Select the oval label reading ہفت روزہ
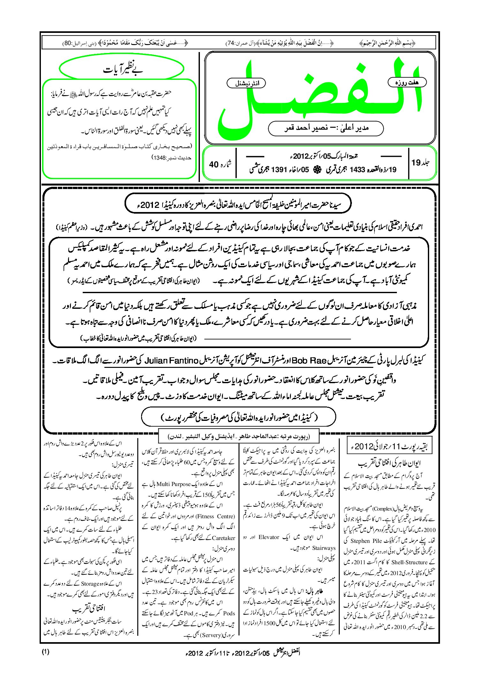pyautogui.click(x=407, y=82)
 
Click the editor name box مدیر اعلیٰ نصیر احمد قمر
pyautogui.click(x=326, y=128)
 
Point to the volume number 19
pyautogui.click(x=416, y=163)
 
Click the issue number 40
pyautogui.click(x=213, y=164)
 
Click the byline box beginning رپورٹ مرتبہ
pyautogui.click(x=239, y=437)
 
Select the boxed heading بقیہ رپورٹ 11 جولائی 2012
pyautogui.click(x=389, y=446)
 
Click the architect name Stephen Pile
pyautogui.click(x=366, y=541)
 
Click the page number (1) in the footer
pyautogui.click(x=45, y=652)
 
